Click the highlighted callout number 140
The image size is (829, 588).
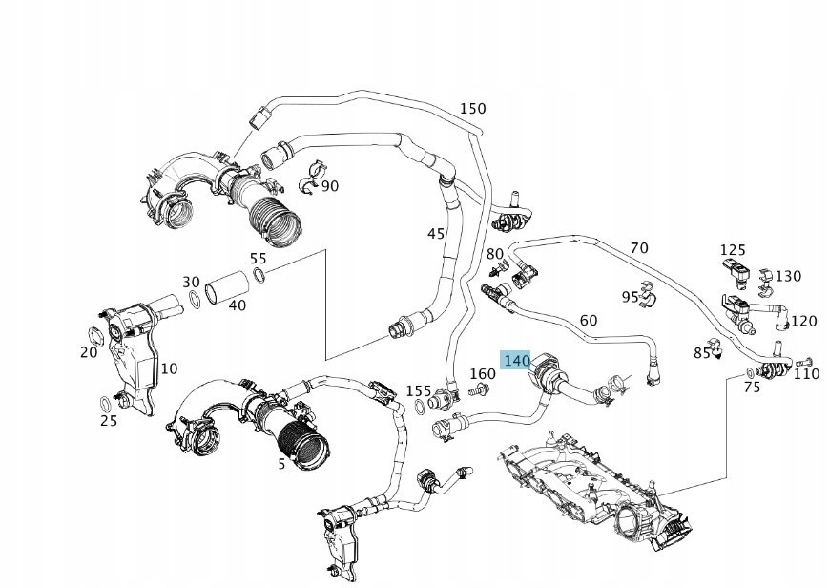[x=516, y=361]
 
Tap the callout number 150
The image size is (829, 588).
[x=473, y=109]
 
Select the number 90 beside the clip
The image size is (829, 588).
[x=330, y=185]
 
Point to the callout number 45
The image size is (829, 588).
[x=436, y=234]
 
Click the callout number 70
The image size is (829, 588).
[x=639, y=248]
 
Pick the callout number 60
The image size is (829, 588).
[x=589, y=321]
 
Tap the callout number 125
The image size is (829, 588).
[x=733, y=249]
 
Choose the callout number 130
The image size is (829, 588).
[x=788, y=276]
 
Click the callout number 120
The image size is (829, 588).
[x=804, y=321]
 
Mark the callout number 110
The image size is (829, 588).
[x=806, y=374]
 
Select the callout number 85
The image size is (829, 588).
[x=702, y=353]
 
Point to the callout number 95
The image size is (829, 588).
[x=630, y=297]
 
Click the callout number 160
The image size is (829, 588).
[x=484, y=374]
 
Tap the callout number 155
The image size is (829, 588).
[x=419, y=390]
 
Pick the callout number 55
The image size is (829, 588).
[x=259, y=259]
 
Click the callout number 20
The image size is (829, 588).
[x=89, y=352]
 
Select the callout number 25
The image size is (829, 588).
[x=109, y=421]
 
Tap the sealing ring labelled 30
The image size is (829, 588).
[x=195, y=301]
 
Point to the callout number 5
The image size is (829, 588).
[x=281, y=464]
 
